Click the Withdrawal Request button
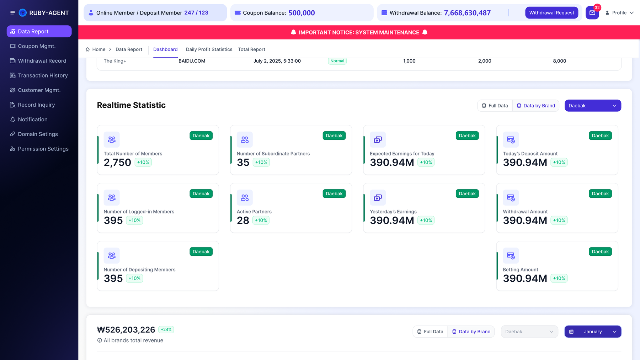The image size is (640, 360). pyautogui.click(x=551, y=13)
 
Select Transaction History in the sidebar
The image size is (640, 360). pyautogui.click(x=39, y=75)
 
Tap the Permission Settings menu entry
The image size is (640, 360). pyautogui.click(x=39, y=149)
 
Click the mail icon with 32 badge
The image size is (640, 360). pyautogui.click(x=592, y=13)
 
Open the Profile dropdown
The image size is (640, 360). pyautogui.click(x=619, y=13)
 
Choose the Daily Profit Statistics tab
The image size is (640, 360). pyautogui.click(x=209, y=49)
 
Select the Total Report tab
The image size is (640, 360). pyautogui.click(x=252, y=49)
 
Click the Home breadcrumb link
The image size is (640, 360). pyautogui.click(x=96, y=49)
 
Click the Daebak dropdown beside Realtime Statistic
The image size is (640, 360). pyautogui.click(x=593, y=106)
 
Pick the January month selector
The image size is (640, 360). pyautogui.click(x=593, y=332)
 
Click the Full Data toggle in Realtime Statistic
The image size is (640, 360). pyautogui.click(x=495, y=106)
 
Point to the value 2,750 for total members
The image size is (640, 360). pyautogui.click(x=117, y=163)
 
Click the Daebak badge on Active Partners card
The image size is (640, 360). pyautogui.click(x=334, y=194)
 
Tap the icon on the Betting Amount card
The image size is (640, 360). pyautogui.click(x=511, y=255)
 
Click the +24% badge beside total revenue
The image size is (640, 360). pyautogui.click(x=166, y=330)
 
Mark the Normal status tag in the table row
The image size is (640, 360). pyautogui.click(x=337, y=61)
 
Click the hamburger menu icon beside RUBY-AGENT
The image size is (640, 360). pyautogui.click(x=12, y=13)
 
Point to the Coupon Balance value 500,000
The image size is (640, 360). pyautogui.click(x=302, y=13)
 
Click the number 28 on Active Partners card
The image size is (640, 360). pyautogui.click(x=243, y=221)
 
